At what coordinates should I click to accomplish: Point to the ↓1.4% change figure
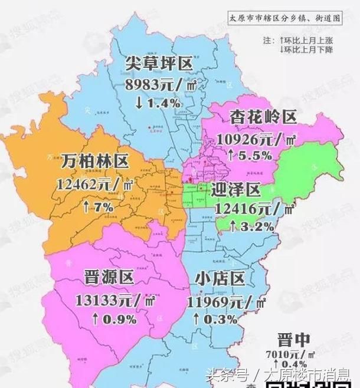pos(157,103)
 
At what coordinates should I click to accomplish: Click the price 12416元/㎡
pos(255,209)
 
